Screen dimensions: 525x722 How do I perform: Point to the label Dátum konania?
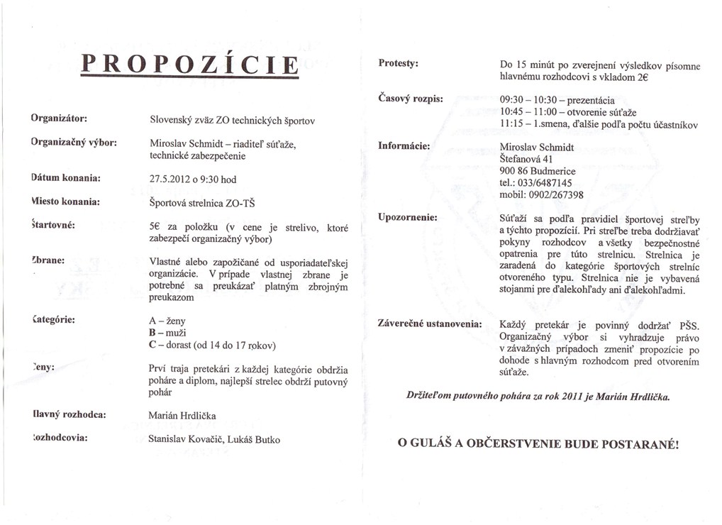coord(65,176)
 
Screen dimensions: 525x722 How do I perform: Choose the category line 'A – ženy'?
coord(167,321)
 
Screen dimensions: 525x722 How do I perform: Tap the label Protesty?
coord(398,63)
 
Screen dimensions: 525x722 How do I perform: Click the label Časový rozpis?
coord(411,98)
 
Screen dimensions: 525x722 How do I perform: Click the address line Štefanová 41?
coord(531,159)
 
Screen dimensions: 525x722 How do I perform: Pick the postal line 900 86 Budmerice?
coord(538,171)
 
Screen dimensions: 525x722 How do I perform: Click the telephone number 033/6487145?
coord(545,182)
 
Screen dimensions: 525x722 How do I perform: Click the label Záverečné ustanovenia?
coord(430,324)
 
